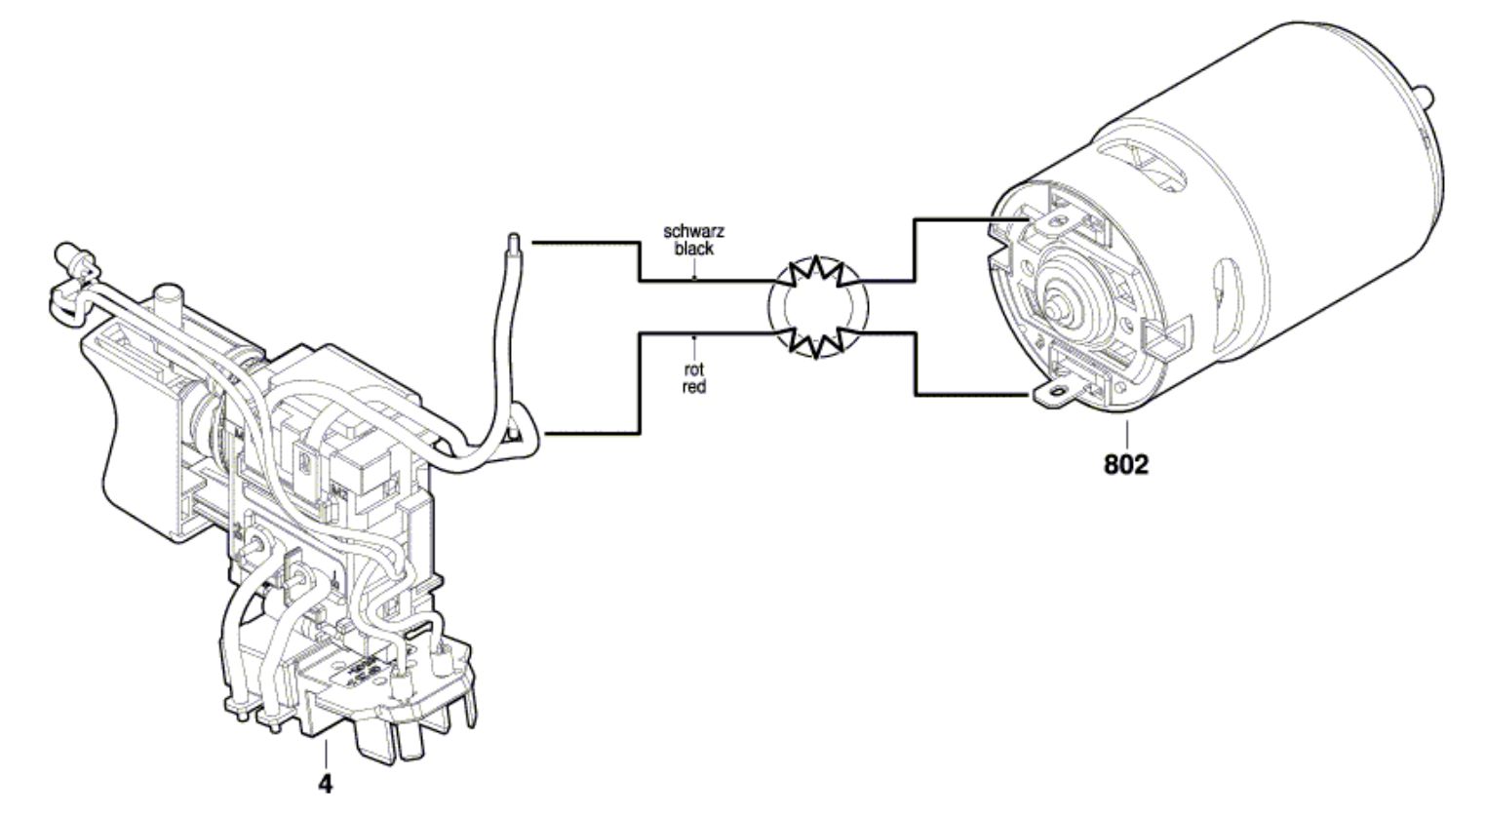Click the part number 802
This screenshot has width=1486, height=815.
[1126, 464]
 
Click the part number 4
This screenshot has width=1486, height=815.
[325, 785]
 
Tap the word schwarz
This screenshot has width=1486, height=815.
[694, 231]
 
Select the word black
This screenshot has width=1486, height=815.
[694, 248]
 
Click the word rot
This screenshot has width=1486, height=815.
[693, 370]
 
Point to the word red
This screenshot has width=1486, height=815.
[693, 386]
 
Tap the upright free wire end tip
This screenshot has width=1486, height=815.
[514, 241]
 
